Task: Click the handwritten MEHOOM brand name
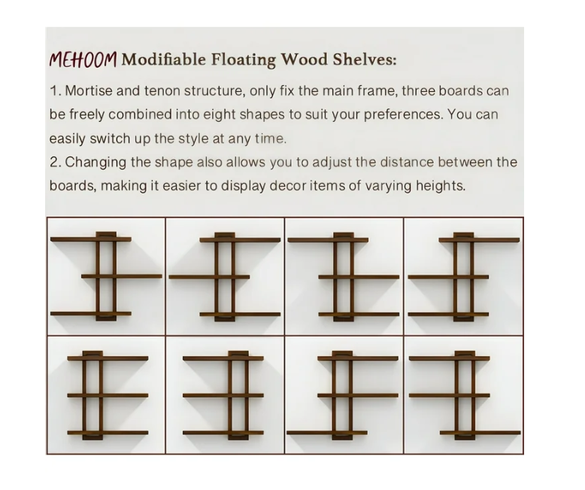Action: click(x=83, y=59)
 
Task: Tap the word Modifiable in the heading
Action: click(x=163, y=59)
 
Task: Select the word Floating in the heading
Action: click(x=244, y=60)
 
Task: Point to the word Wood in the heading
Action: click(x=304, y=59)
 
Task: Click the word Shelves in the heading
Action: click(x=365, y=59)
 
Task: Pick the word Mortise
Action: click(x=89, y=91)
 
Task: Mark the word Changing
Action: click(x=95, y=163)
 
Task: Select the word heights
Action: click(x=441, y=187)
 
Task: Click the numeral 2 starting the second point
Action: click(x=54, y=163)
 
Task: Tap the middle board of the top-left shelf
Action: click(x=122, y=276)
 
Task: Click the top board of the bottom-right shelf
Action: click(x=450, y=358)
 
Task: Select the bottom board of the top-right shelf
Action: click(x=448, y=315)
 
